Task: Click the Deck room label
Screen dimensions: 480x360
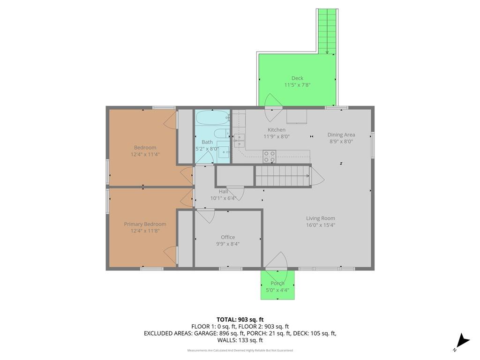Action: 297,78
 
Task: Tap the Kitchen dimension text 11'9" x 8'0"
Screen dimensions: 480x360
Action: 277,136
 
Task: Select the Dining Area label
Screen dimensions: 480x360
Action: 341,135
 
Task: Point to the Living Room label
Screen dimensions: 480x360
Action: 321,218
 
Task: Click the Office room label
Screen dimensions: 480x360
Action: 228,237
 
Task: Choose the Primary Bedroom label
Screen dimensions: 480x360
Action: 145,225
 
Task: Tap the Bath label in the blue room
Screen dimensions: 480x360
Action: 207,142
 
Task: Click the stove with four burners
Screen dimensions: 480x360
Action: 270,157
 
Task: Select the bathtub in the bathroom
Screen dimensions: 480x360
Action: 213,118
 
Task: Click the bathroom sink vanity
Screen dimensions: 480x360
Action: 224,149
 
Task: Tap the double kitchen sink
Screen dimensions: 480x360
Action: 239,141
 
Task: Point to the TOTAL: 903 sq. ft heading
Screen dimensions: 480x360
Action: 240,320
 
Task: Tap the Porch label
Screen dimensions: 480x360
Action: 277,284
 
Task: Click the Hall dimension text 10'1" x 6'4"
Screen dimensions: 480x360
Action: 223,198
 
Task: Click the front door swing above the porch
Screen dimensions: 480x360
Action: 277,261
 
